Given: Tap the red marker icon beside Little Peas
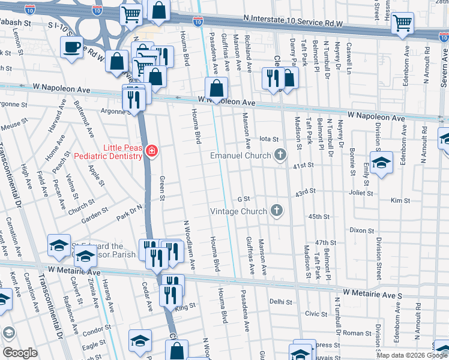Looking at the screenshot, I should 152,151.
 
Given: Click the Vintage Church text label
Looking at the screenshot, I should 238,211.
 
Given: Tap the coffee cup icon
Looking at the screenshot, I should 71,47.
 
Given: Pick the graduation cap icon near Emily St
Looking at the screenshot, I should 381,163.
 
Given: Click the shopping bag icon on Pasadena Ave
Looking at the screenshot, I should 216,88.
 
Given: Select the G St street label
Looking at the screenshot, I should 243,199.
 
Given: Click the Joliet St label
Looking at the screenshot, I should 361,194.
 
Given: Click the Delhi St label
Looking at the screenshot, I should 280,302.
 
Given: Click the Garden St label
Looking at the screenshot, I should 95,215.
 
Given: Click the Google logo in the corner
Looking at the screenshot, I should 19,353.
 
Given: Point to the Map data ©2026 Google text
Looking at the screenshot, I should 412,355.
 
